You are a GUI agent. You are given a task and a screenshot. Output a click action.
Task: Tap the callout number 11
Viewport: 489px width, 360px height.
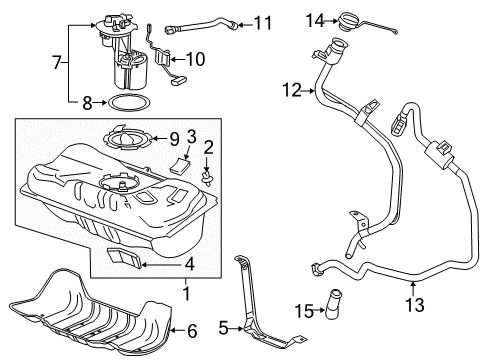click(x=261, y=21)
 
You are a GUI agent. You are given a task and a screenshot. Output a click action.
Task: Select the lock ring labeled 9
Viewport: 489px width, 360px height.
click(x=128, y=137)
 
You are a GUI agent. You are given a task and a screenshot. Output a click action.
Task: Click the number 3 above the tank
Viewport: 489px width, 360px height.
click(x=190, y=135)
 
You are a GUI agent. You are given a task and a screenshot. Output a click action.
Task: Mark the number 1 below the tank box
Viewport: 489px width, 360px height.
click(x=185, y=297)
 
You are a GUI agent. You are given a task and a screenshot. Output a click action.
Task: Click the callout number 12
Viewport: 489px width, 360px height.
click(x=291, y=90)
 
